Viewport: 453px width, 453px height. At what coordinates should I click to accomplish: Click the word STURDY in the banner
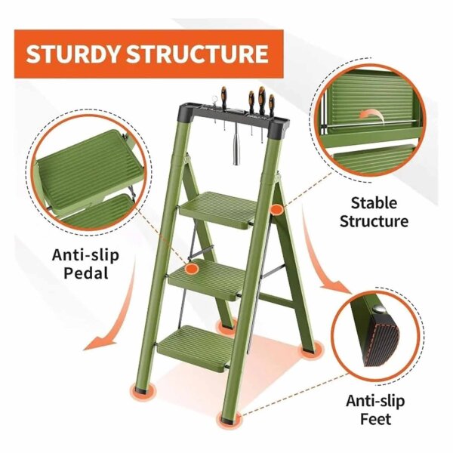coord(73,54)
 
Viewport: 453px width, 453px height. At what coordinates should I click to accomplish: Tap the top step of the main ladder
coord(222,205)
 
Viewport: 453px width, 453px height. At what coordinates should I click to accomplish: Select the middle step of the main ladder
coord(209,272)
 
